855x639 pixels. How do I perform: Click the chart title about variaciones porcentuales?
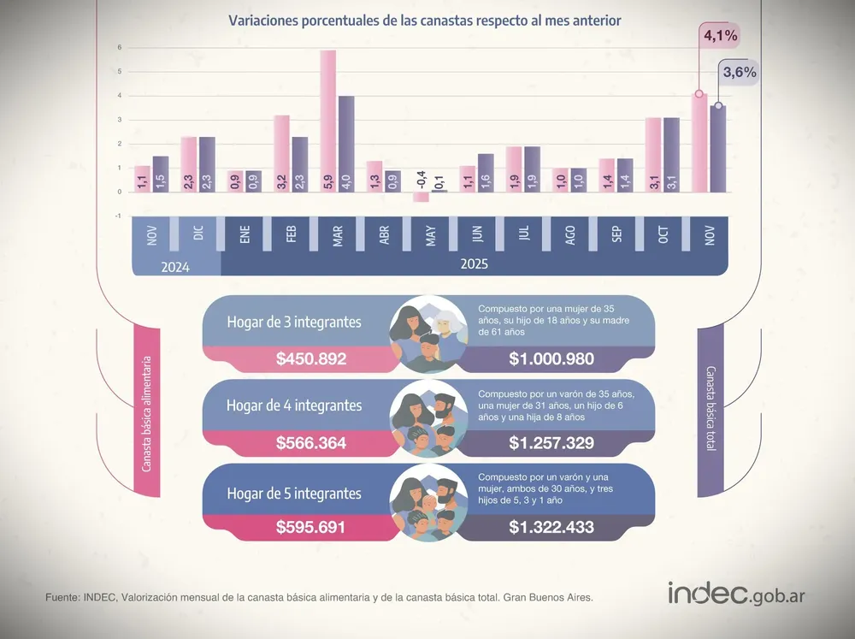tap(425, 21)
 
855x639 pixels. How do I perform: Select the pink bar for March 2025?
tap(327, 121)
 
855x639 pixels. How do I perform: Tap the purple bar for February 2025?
tap(300, 164)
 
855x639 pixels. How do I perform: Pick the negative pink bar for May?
tap(421, 197)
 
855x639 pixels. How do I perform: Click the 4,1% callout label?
tap(720, 36)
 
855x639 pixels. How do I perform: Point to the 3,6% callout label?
tap(740, 72)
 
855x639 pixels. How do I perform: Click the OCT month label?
tap(663, 235)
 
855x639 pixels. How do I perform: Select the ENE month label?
tap(245, 234)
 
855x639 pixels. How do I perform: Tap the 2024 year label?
tap(175, 268)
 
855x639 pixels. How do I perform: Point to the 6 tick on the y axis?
tap(120, 47)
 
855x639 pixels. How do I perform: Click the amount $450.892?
tap(311, 358)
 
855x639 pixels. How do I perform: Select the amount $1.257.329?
tap(551, 442)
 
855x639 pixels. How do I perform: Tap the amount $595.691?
tap(311, 527)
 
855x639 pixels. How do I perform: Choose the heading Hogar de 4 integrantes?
tap(294, 405)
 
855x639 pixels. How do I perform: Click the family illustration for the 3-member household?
tap(428, 334)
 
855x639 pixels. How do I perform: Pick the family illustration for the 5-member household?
tap(428, 503)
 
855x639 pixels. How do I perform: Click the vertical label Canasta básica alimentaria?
tap(146, 414)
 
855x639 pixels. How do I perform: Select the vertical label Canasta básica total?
tap(711, 408)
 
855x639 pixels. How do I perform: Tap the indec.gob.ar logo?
tap(737, 593)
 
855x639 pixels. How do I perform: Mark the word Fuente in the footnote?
tap(62, 598)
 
